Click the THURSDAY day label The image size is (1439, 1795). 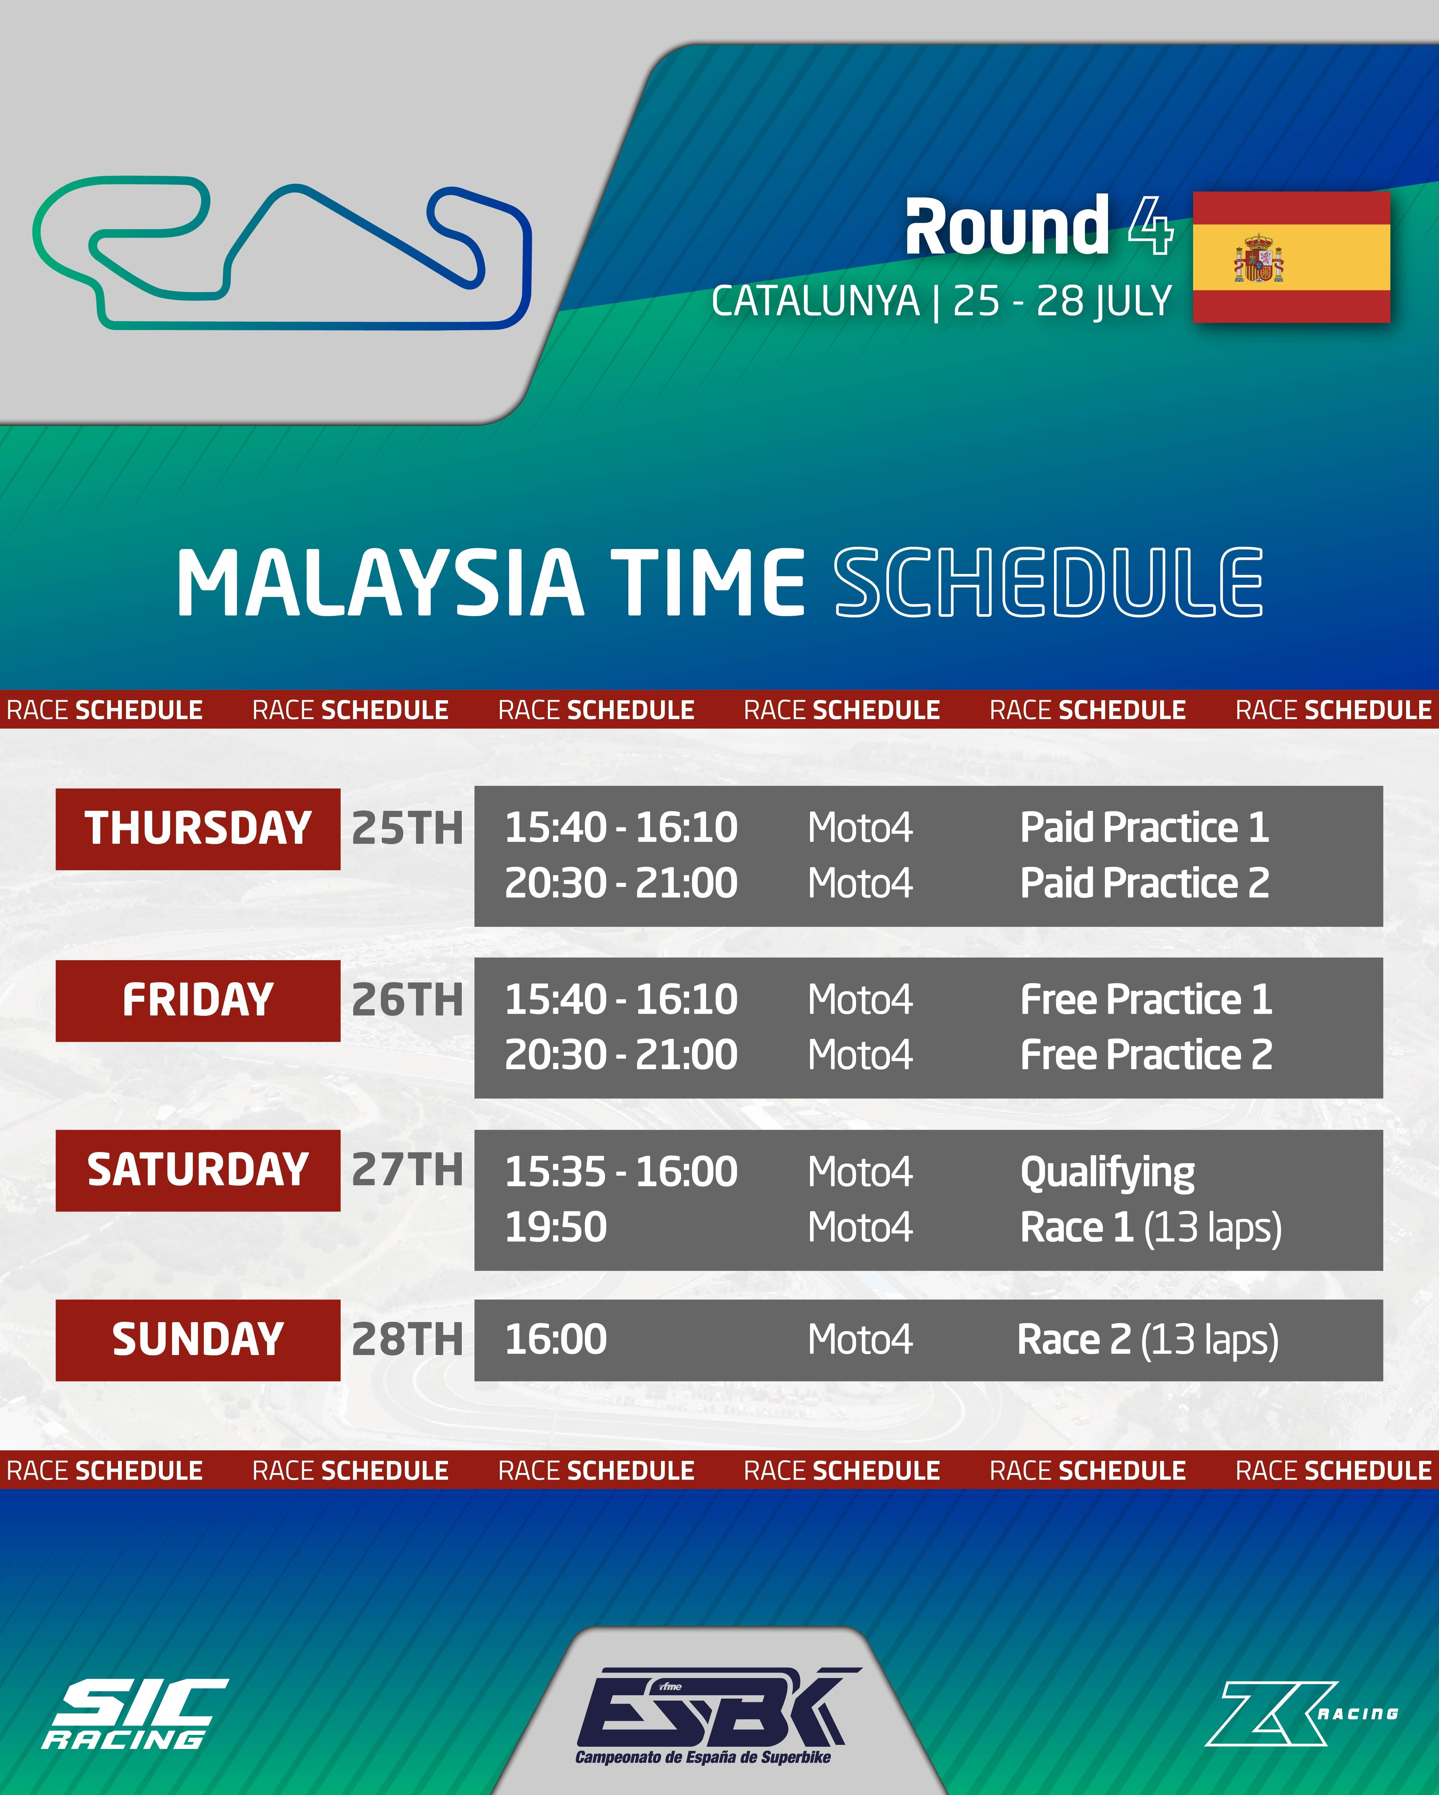pos(198,829)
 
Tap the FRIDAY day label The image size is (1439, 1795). pos(198,1000)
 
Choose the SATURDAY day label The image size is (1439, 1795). pos(198,1170)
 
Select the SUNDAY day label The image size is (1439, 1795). pos(198,1340)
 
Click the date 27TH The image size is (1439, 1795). pos(407,1170)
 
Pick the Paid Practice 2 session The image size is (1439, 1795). pos(1145,883)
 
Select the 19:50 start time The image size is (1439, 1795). pos(556,1227)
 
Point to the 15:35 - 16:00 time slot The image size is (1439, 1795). pos(621,1172)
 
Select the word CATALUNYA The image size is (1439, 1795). pos(815,302)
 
